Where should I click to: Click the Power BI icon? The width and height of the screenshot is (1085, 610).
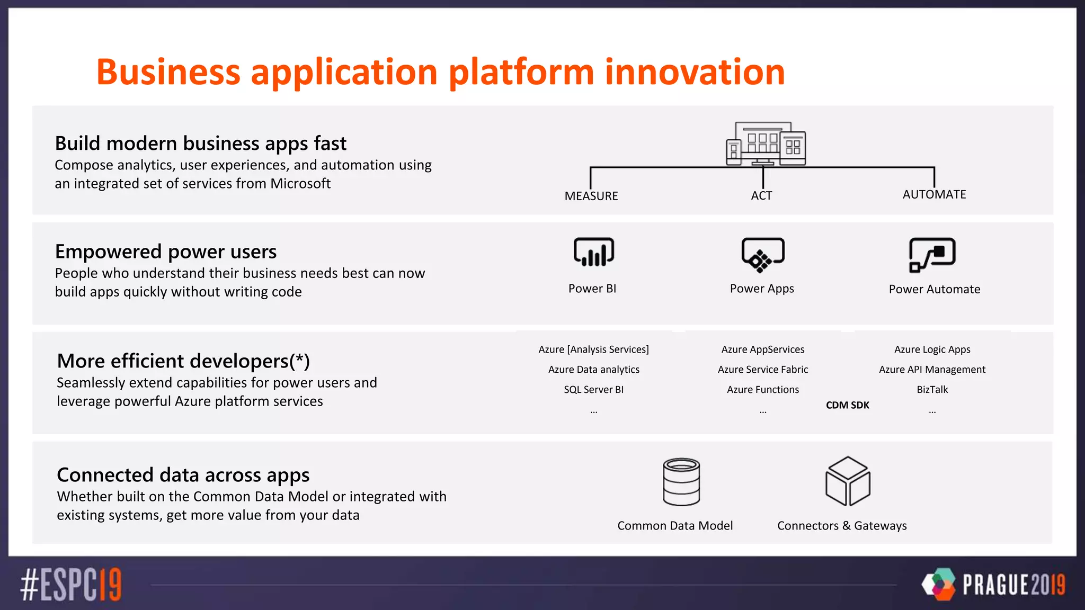593,252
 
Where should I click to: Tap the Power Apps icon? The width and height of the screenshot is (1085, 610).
762,255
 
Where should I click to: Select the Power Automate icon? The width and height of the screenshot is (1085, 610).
932,255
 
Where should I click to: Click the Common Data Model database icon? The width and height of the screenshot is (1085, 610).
681,482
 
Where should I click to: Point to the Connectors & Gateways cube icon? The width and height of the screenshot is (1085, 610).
848,481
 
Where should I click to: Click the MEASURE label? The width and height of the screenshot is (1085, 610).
591,196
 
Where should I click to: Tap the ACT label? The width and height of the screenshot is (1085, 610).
761,195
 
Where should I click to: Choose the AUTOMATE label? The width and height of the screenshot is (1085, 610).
934,194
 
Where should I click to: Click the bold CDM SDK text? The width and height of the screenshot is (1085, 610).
847,405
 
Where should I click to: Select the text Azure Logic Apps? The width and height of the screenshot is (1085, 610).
932,349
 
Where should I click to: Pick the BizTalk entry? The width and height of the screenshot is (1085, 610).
932,390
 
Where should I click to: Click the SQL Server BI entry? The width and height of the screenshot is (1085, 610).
593,390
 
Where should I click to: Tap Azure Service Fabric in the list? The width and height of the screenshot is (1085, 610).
762,370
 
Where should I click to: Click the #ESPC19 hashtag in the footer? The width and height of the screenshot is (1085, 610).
71,585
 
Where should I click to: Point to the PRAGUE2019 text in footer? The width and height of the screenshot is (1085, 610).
1013,585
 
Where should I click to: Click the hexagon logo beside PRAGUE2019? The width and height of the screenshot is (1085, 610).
938,584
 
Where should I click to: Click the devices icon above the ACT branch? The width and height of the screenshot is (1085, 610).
766,144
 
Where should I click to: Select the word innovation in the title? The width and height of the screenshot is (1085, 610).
695,72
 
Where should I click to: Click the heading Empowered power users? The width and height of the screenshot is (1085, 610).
166,252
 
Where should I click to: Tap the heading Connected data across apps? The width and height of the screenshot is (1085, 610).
183,475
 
